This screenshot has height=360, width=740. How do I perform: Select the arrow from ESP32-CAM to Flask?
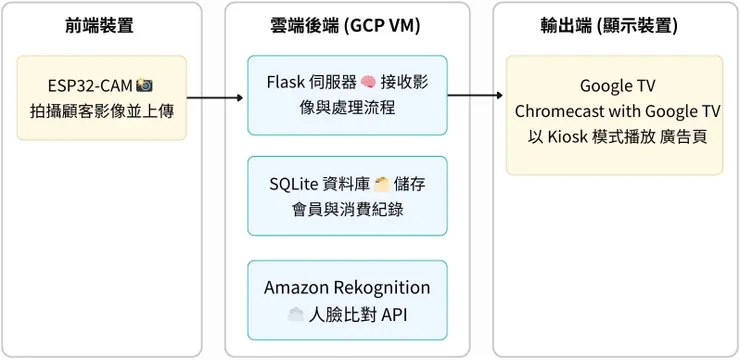[x=215, y=98]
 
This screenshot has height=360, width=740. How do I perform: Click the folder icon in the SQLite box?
[x=381, y=184]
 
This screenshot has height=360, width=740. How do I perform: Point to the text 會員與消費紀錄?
[x=347, y=209]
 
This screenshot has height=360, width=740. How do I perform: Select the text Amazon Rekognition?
[x=347, y=288]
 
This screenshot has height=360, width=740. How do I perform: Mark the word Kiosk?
[x=567, y=136]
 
